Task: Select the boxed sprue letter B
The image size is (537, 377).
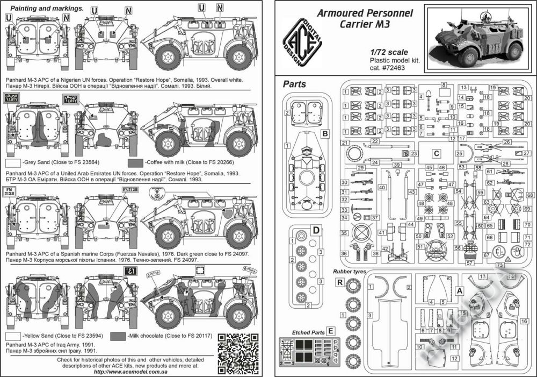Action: tap(324, 132)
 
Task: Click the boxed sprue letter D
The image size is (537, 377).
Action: tap(316, 231)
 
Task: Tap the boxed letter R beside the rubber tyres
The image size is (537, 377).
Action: tap(339, 281)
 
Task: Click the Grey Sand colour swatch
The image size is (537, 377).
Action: tap(13, 162)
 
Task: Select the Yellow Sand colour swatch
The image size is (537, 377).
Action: tap(13, 335)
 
